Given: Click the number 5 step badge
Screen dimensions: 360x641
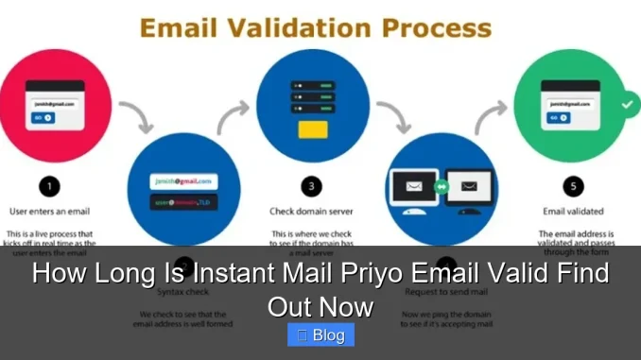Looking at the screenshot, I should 572,186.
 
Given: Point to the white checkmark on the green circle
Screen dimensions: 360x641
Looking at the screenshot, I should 626,105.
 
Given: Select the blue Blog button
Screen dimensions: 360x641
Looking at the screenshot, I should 320,334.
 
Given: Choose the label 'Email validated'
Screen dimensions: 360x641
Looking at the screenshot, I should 574,211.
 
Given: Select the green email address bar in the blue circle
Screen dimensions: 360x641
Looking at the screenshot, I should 184,180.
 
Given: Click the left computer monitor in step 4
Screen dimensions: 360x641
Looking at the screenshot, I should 412,189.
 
